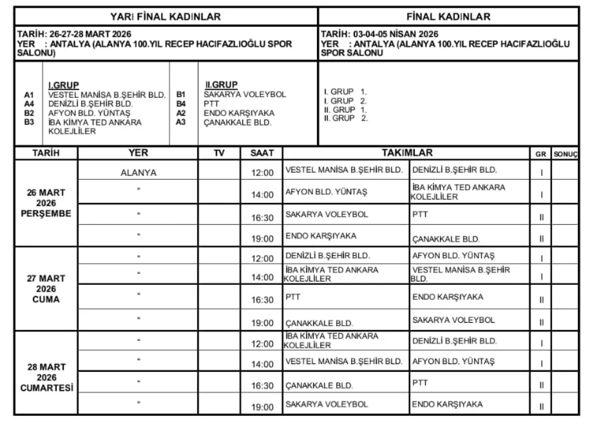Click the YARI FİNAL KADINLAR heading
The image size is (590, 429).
click(x=165, y=16)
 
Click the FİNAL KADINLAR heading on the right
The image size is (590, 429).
click(x=449, y=16)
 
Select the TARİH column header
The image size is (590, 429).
click(x=46, y=153)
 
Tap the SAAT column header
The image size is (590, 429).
click(x=262, y=153)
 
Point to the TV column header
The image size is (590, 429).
click(x=219, y=153)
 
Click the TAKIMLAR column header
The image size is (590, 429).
click(x=407, y=153)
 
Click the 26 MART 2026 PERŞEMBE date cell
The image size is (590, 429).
click(x=46, y=203)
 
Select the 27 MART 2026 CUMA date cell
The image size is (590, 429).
click(x=46, y=289)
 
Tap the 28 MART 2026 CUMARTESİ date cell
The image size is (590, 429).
click(x=46, y=377)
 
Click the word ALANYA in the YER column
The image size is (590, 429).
click(x=138, y=173)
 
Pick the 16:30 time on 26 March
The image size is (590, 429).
click(x=262, y=218)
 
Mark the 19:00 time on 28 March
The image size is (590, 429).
click(x=262, y=407)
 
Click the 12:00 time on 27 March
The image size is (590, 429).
click(x=262, y=258)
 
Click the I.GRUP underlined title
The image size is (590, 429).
click(x=64, y=85)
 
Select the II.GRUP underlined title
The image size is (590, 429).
click(x=221, y=85)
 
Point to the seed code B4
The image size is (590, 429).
click(x=181, y=103)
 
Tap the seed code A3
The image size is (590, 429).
click(x=181, y=122)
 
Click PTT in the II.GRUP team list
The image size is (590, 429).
click(x=211, y=103)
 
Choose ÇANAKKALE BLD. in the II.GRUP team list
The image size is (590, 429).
click(x=237, y=123)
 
